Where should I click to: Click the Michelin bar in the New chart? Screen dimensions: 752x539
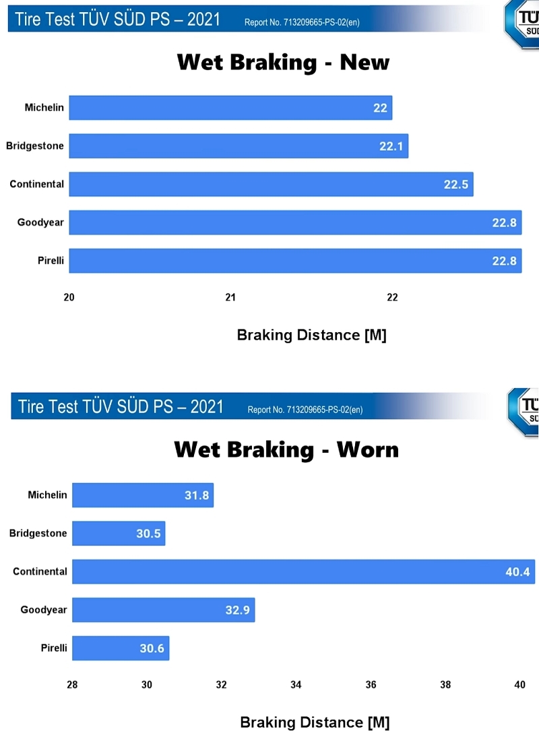pos(229,108)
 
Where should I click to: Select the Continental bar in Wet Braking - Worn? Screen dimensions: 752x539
pos(303,571)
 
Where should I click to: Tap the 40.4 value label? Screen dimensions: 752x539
pos(518,572)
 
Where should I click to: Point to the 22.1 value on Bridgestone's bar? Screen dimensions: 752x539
pos(391,146)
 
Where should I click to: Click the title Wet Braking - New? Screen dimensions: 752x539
pos(283,63)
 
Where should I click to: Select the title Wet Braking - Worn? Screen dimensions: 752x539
pos(286,449)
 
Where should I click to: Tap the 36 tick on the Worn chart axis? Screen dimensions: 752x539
pos(371,685)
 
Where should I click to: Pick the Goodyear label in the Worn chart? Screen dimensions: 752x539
pos(44,610)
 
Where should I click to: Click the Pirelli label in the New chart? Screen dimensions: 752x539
pos(51,261)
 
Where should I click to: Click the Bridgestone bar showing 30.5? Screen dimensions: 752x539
pos(118,533)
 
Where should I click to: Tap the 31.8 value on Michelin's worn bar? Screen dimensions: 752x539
pos(196,495)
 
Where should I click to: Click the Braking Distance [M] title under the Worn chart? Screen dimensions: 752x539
pos(315,723)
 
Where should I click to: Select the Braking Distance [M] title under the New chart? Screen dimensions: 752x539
pos(311,336)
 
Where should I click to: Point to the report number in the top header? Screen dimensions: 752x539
pos(302,22)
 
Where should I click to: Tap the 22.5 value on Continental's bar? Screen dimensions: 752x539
pos(456,185)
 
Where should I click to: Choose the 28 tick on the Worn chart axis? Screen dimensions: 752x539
pos(72,685)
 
